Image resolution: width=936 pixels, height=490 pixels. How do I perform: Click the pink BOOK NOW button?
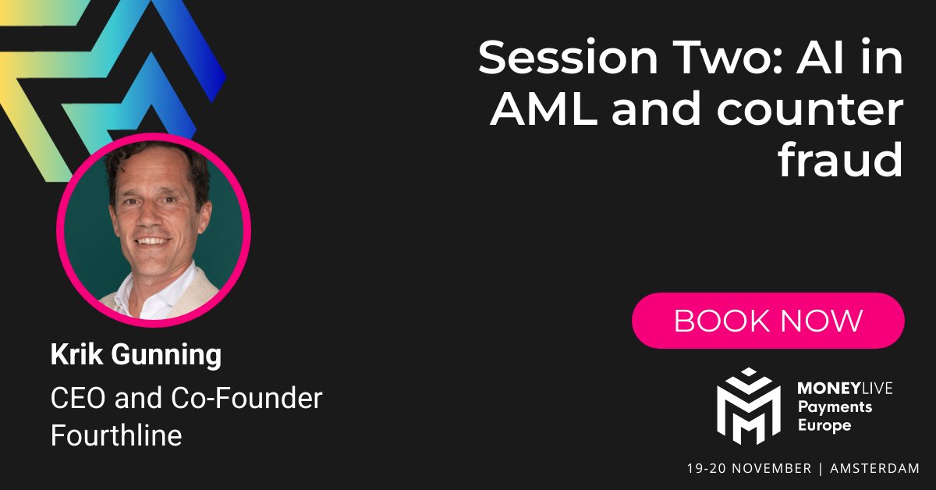[x=768, y=321]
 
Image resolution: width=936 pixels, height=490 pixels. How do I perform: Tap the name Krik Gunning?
[x=136, y=355]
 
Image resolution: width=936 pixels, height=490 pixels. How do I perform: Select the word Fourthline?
[x=116, y=435]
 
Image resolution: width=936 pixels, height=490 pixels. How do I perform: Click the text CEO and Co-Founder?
[x=186, y=399]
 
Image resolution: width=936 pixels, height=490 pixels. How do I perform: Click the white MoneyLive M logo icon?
[x=748, y=406]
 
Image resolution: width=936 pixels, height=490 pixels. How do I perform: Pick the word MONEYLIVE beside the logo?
[x=846, y=388]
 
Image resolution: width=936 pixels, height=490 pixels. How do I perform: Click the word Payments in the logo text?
[x=834, y=407]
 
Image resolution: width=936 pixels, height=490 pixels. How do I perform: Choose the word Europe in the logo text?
[x=824, y=425]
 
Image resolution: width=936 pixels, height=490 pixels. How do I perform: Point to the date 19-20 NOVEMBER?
[x=749, y=468]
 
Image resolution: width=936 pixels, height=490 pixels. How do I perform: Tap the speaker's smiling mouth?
[x=154, y=244]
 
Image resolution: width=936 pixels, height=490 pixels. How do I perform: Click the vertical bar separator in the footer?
[x=821, y=468]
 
